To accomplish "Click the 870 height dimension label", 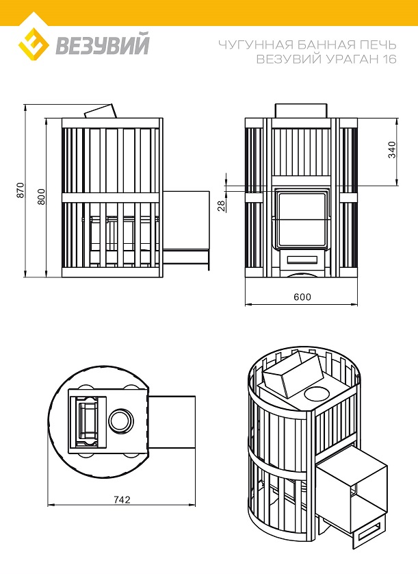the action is tap(20, 190).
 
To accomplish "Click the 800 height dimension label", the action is tap(41, 197).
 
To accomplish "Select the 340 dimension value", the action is tap(392, 150).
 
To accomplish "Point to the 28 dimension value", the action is tap(221, 205).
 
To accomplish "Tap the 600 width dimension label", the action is tap(302, 297).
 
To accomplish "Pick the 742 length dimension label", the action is tap(122, 499).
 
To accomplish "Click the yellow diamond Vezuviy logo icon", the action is tap(34, 45).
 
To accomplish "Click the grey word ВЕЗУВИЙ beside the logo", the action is tap(103, 45).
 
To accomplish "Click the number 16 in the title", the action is tap(389, 59).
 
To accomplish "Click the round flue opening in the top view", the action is tap(121, 419).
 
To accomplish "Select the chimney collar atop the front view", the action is tap(301, 111).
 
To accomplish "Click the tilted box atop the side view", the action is tap(101, 111).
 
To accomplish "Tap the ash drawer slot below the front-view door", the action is tap(302, 260).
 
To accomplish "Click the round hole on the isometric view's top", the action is tap(317, 395).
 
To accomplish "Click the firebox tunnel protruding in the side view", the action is tap(186, 230).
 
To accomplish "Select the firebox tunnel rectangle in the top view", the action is tap(172, 421).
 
